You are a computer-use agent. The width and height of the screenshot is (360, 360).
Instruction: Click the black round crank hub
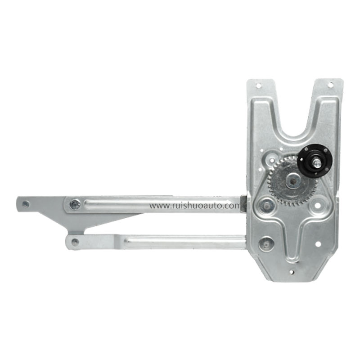click(315, 160)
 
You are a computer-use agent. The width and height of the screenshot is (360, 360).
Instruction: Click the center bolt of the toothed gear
click(293, 181)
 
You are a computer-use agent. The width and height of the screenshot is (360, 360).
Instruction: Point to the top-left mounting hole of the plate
click(258, 85)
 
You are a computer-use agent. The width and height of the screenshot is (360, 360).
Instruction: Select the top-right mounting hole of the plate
click(330, 85)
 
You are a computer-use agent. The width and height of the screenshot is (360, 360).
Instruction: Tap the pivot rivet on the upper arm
click(76, 205)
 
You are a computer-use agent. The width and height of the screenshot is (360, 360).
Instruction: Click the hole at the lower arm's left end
click(75, 242)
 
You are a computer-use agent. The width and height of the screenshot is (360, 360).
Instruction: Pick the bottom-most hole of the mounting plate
click(292, 271)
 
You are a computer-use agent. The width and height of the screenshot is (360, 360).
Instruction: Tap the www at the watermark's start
click(157, 206)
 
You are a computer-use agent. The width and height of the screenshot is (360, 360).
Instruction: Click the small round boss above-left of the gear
click(271, 159)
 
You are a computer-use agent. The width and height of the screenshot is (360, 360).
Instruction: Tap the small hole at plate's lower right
click(318, 244)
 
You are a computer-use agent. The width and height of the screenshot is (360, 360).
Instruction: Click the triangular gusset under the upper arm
click(112, 218)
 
